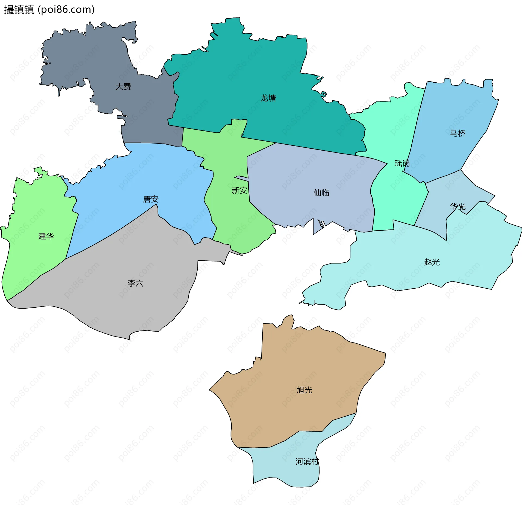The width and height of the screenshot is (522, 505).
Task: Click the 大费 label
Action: coord(123,87)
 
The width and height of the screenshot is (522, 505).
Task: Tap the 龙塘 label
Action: coord(268,98)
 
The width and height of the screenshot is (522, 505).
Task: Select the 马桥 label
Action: coord(458,133)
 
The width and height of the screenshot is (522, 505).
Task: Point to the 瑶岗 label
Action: coord(402,163)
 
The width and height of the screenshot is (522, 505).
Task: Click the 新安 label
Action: coord(239,191)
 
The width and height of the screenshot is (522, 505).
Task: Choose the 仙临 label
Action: coord(321,193)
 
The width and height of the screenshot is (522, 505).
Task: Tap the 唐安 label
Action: coord(151,199)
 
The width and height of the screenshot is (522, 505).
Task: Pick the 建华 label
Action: coord(46,236)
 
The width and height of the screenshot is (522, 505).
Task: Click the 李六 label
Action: coord(135,283)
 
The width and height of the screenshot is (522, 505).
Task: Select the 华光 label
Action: coord(458,207)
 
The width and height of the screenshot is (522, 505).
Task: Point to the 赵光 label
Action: coord(432,262)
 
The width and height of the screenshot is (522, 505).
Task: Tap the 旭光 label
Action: coord(304,390)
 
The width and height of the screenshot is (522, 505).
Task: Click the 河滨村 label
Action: coord(307,462)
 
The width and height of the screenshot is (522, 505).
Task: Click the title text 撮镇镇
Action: coord(19,10)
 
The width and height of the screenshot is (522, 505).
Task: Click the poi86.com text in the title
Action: coord(66,10)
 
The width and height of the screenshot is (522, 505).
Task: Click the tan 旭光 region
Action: coord(285,367)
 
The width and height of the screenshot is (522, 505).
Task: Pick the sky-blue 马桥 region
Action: coord(457,109)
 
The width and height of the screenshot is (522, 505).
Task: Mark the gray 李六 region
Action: coord(122,304)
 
